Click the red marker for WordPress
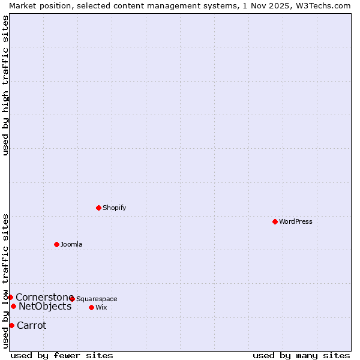[x=275, y=221]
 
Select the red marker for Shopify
[x=98, y=208]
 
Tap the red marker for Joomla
[x=56, y=244]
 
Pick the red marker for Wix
[x=91, y=307]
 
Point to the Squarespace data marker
[x=72, y=299]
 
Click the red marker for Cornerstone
[x=10, y=297]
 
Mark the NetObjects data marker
[x=13, y=307]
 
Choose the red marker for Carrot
[x=11, y=325]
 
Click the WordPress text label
[x=295, y=222]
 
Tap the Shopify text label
[x=114, y=208]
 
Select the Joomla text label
[x=71, y=245]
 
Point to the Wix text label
[x=101, y=308]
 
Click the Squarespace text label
[x=97, y=299]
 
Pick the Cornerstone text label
[x=44, y=298]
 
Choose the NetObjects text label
[x=45, y=307]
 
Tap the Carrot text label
[x=31, y=326]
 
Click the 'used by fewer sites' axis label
[x=62, y=355]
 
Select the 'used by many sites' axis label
[x=301, y=355]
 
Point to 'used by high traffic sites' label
[x=6, y=85]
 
